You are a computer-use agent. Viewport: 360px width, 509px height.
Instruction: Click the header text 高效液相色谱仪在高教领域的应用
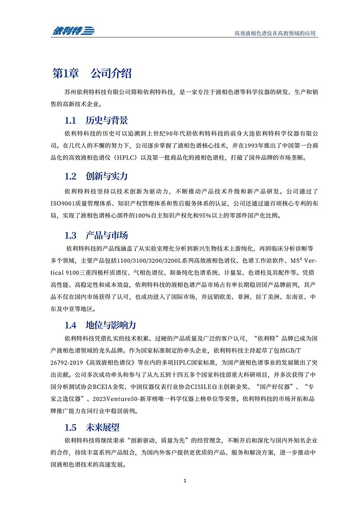click(275, 33)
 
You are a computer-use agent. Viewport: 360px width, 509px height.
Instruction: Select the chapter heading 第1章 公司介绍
click(92, 73)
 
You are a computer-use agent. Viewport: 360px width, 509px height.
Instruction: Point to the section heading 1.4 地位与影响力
click(100, 325)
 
